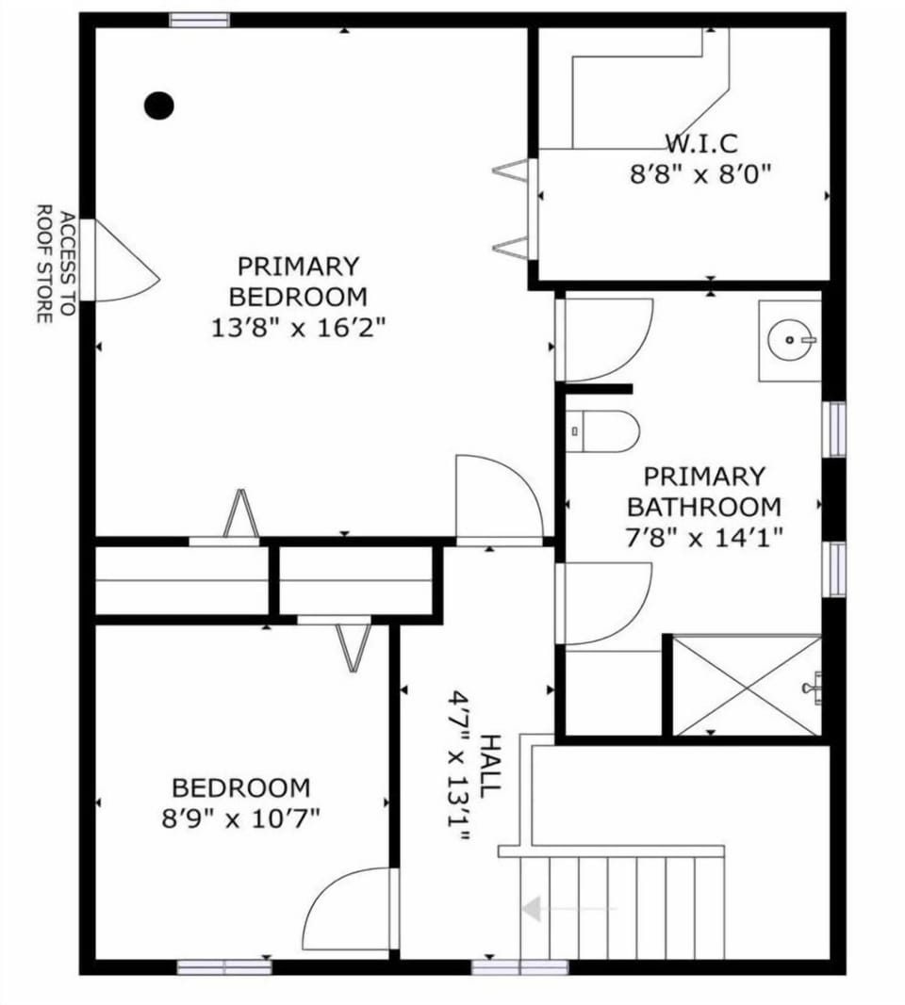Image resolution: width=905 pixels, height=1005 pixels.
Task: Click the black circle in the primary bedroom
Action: (159, 105)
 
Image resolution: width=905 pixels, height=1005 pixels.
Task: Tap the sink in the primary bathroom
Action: (789, 340)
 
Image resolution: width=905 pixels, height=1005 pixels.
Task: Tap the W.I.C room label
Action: (700, 144)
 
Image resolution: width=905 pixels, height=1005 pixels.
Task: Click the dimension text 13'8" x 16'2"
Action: (298, 328)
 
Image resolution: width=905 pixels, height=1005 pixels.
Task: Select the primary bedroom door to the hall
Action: (499, 499)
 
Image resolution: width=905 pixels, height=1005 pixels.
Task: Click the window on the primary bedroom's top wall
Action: (199, 20)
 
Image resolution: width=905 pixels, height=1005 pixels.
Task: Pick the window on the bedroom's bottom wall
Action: (224, 966)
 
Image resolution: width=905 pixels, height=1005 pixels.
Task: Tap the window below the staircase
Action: (519, 966)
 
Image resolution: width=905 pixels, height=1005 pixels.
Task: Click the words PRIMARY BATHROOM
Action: (704, 492)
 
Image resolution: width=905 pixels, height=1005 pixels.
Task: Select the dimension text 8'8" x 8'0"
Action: (700, 174)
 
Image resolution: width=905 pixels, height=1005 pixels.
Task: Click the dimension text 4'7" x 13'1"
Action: (458, 766)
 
